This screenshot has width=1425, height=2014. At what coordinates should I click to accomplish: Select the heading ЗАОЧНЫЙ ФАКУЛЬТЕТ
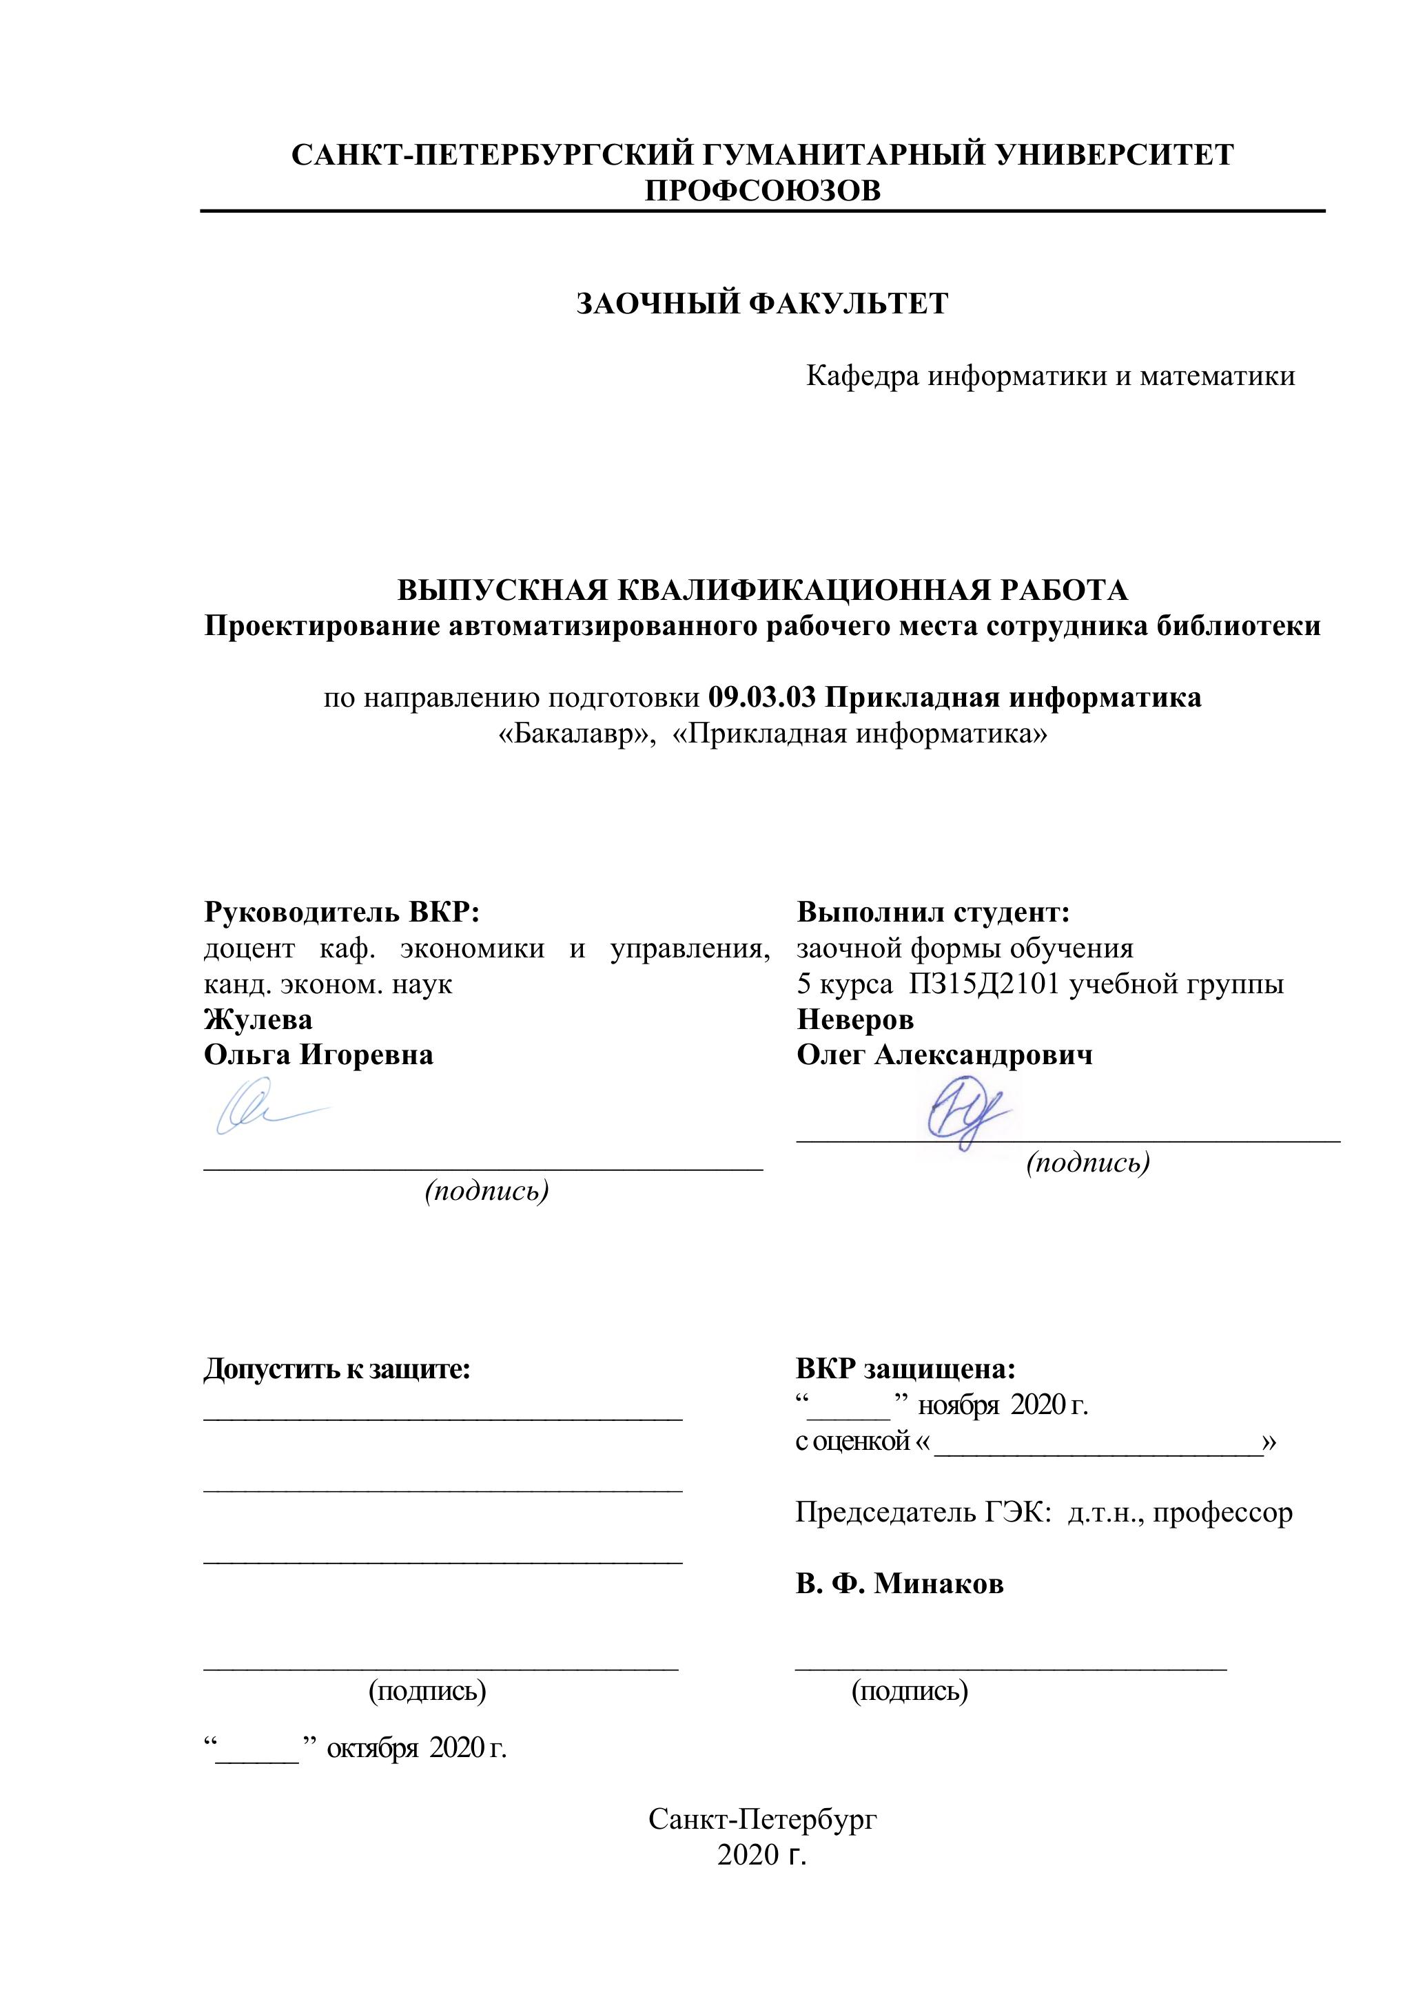[761, 304]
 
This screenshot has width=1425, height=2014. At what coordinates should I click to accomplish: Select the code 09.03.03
[761, 698]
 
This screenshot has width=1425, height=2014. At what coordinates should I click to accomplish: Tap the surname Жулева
[258, 1019]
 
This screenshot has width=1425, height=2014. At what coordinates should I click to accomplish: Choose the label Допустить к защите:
[337, 1369]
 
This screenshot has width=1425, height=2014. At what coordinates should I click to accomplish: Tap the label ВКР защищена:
[905, 1369]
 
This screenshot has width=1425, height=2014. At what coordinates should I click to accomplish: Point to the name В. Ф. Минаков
[899, 1584]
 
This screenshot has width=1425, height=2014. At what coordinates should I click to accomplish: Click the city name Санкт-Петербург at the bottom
[761, 1819]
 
